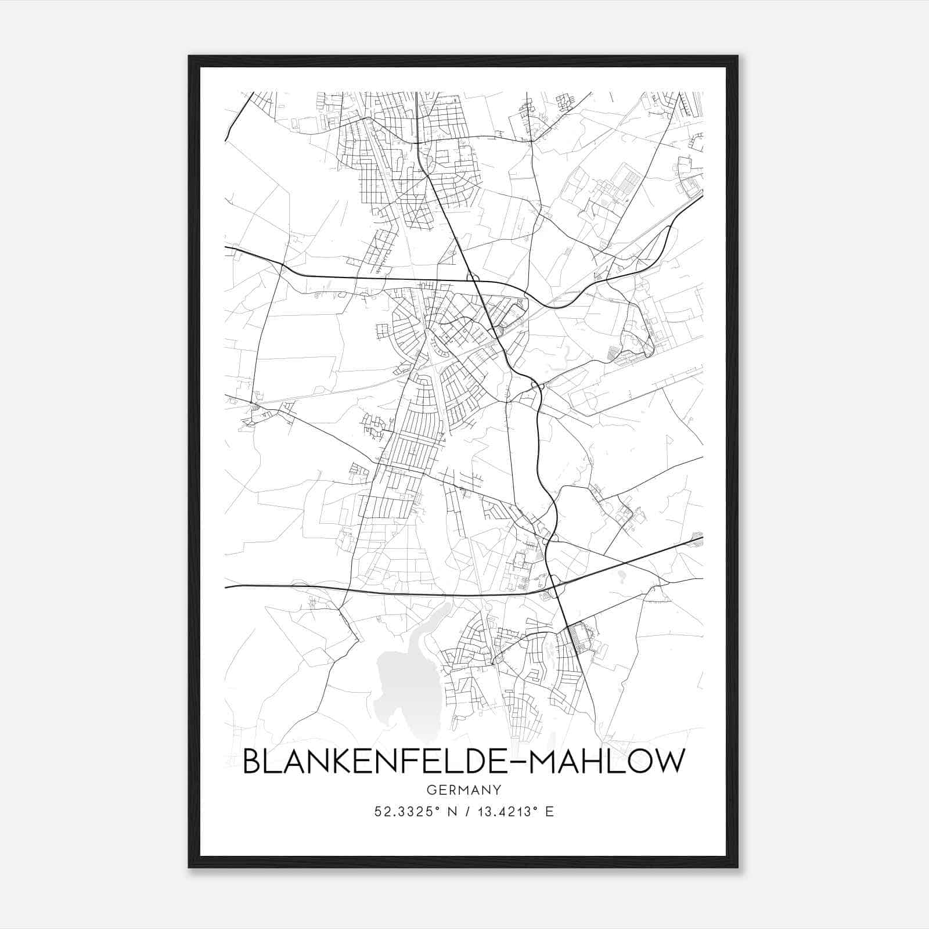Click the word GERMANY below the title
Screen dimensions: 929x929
[463, 790]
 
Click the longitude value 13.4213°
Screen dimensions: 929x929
[502, 812]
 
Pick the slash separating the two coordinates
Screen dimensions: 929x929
[464, 812]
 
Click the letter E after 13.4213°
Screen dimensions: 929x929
[549, 812]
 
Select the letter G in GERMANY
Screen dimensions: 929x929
[431, 790]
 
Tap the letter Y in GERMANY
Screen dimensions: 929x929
[497, 790]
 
